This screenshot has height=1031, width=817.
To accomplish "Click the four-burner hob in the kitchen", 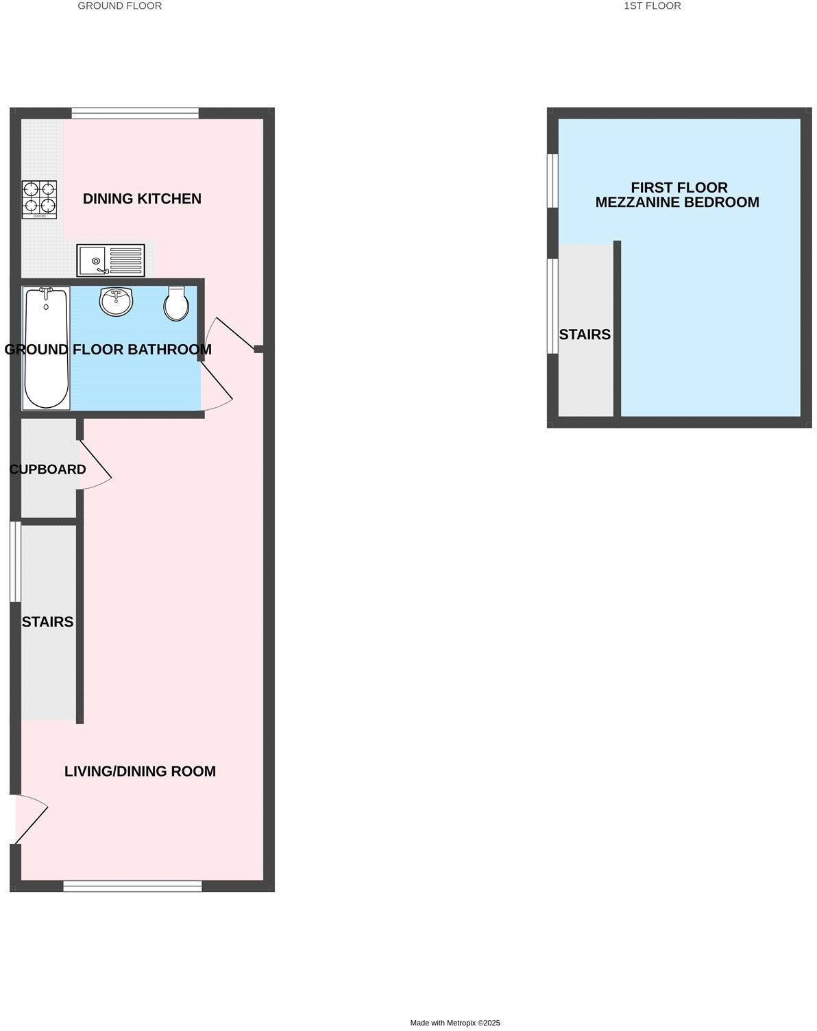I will pos(40,199).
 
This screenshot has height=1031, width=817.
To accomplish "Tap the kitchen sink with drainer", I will pos(110,260).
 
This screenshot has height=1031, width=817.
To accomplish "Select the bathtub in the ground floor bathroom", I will pos(47,348).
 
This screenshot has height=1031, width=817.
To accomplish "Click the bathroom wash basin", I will pos(116,302).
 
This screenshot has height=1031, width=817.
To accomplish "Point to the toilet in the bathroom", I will pos(176,304).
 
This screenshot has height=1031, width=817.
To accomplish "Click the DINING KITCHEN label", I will pos(142,199).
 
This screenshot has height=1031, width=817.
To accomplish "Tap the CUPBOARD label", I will pos(48,470).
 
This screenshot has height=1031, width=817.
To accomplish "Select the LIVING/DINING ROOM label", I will pos(140,771).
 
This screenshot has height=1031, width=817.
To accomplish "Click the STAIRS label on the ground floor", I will pos(47,622).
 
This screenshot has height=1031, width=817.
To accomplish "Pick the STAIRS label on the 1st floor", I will pos(585,335).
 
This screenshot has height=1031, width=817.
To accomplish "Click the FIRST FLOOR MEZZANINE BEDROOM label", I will pos(677,195).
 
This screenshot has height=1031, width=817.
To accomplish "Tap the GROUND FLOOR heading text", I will pos(120,6).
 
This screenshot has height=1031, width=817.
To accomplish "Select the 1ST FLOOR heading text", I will pos(652,6).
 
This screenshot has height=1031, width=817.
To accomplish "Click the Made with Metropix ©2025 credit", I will pos(455,1023).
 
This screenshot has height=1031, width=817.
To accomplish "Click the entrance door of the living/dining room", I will pos(31,818).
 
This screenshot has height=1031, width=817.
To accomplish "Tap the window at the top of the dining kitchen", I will pos(135,113).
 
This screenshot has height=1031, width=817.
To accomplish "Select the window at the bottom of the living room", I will pos(133,886).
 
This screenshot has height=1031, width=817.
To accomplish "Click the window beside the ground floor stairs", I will pos(15,562).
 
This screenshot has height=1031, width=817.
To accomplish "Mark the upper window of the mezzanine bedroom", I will pos(552,180).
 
